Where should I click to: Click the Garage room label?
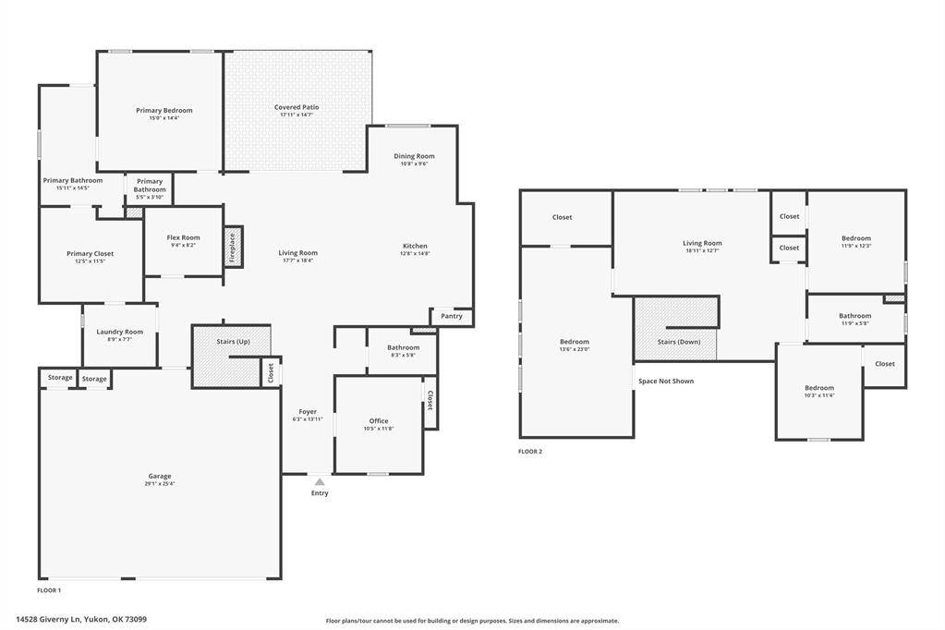(160, 476)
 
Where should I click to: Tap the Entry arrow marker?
(320, 482)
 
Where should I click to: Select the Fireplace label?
(232, 248)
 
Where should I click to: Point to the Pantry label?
(452, 316)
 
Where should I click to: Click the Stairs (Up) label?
(233, 342)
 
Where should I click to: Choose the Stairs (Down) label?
(679, 342)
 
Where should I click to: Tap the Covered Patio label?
(297, 107)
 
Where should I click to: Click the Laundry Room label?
(120, 332)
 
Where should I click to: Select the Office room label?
(379, 421)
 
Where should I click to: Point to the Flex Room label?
(183, 237)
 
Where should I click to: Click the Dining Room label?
(414, 156)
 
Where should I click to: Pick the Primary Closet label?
(90, 253)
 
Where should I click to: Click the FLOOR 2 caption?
(530, 452)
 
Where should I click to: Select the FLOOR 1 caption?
(49, 589)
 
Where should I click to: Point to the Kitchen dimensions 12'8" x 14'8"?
(415, 253)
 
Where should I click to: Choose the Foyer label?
(308, 412)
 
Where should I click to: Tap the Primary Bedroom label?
(164, 110)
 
